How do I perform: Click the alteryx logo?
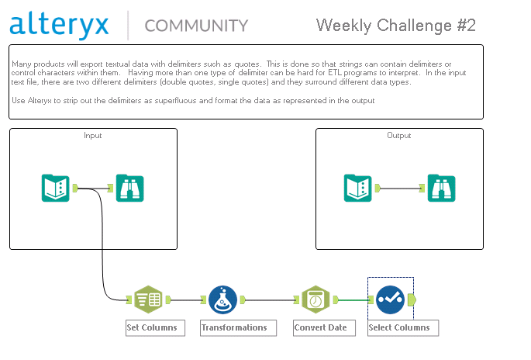[x=59, y=25]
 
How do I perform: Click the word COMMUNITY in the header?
[x=196, y=26]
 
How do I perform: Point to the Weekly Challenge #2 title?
[x=396, y=26]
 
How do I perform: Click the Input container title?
[x=93, y=135]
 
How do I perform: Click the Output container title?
[x=399, y=135]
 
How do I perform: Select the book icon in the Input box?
[x=56, y=188]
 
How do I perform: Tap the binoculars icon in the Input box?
[x=130, y=188]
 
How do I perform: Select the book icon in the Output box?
[x=358, y=188]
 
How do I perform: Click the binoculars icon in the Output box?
[x=442, y=188]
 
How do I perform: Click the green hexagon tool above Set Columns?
[x=148, y=299]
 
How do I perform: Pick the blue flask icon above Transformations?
[x=222, y=299]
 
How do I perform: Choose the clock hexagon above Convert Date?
[x=315, y=299]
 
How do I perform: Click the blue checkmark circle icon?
[x=390, y=299]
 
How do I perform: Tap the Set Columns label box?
[x=156, y=327]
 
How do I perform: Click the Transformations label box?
[x=239, y=327]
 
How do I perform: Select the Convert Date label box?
[x=325, y=327]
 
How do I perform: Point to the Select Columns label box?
[x=403, y=327]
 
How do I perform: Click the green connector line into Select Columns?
[x=353, y=299]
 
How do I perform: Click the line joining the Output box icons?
[x=399, y=188]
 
